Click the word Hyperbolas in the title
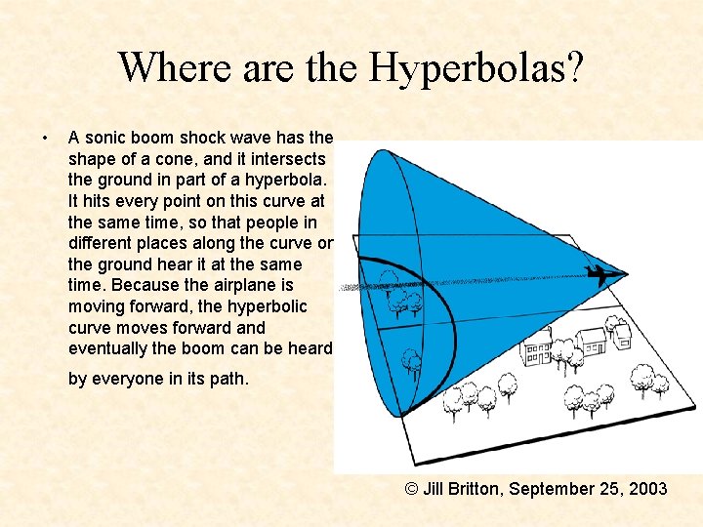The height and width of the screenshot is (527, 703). [477, 67]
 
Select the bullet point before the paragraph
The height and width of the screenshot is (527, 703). [46, 138]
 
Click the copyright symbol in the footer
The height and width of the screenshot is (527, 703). [412, 488]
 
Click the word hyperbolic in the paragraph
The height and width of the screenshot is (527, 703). [269, 306]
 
